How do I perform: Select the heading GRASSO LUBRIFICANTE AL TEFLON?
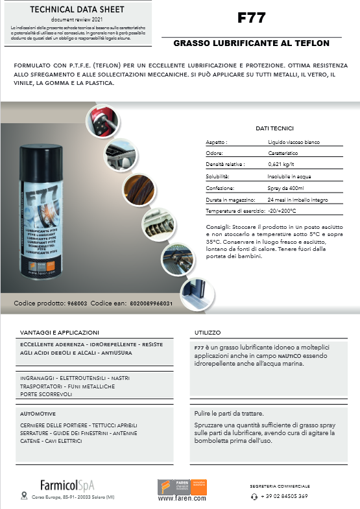[x=252, y=43]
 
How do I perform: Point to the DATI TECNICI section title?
[x=274, y=128]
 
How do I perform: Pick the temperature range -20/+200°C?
[x=282, y=211]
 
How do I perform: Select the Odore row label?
[x=215, y=153]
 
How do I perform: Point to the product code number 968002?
[x=77, y=303]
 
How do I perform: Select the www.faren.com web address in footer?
[x=182, y=499]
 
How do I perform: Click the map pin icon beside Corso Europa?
[x=24, y=497]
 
